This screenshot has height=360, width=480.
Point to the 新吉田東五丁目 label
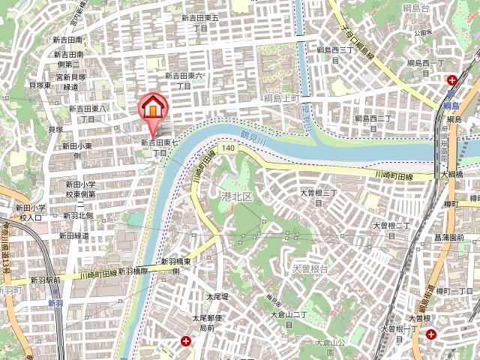tap(200, 22)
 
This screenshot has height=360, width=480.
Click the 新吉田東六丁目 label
tap(184, 80)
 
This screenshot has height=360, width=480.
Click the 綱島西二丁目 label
tap(373, 124)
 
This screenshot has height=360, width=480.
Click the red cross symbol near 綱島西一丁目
tap(453, 80)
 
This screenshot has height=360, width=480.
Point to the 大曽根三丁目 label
tap(322, 198)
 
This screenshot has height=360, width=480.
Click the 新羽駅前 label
tap(46, 280)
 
